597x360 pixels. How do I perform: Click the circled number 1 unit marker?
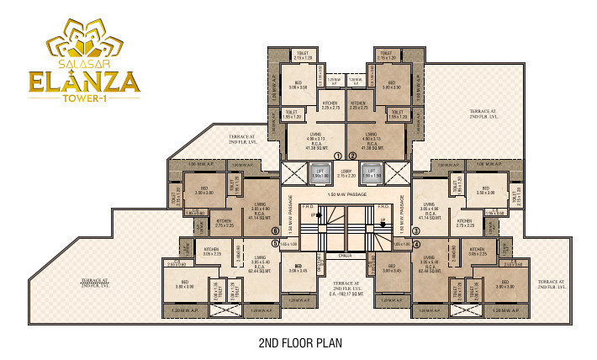click(338, 156)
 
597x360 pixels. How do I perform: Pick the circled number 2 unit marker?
click(352, 156)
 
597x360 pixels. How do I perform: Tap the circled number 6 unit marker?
click(275, 230)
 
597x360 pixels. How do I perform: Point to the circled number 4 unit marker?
click(416, 245)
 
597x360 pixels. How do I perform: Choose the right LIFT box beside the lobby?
click(372, 172)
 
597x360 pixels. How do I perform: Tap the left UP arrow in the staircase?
click(314, 215)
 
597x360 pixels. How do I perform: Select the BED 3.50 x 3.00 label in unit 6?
click(201, 191)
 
